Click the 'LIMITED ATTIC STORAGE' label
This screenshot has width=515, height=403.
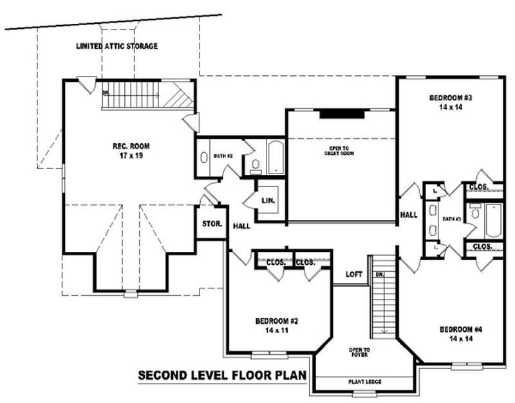[x=117, y=46]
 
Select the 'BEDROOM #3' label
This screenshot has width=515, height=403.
[x=451, y=98]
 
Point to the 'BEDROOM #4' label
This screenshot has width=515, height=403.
[x=461, y=329]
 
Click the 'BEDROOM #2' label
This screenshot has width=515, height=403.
[x=276, y=321]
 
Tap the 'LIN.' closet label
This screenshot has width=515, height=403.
[x=268, y=201]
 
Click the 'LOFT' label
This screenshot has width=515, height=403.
[x=353, y=274]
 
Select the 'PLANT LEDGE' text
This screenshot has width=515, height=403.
[x=365, y=382]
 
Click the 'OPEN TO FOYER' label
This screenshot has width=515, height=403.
[x=359, y=352]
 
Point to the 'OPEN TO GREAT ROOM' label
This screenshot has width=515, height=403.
[x=339, y=151]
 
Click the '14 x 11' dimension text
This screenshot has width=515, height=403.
[x=276, y=330]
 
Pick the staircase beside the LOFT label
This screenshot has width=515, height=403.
[x=384, y=296]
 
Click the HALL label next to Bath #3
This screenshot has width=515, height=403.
[x=409, y=215]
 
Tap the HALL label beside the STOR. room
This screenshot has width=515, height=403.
[x=241, y=226]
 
